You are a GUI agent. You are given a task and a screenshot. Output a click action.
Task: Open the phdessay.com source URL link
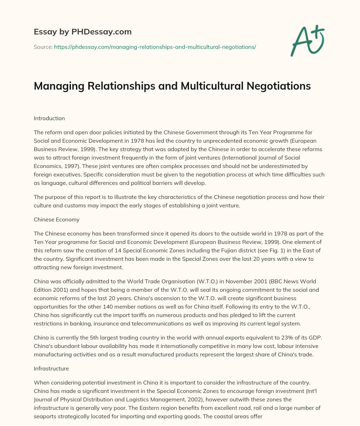click(155, 47)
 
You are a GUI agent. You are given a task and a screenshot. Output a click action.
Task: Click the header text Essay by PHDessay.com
click(83, 32)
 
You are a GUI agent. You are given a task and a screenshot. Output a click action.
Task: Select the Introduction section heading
click(49, 118)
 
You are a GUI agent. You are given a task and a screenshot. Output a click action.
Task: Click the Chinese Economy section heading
click(57, 220)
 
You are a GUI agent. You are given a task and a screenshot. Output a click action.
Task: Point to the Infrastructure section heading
click(51, 369)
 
